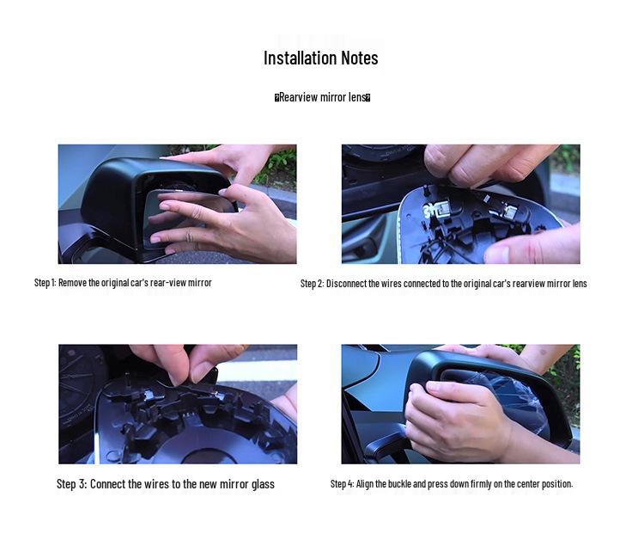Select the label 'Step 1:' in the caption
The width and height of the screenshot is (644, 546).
45,283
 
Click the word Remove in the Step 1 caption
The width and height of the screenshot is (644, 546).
73,283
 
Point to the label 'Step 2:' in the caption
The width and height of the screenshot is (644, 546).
313,284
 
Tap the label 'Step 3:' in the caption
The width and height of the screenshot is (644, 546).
72,484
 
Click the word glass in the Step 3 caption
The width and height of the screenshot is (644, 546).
263,484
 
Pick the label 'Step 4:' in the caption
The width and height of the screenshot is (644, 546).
342,484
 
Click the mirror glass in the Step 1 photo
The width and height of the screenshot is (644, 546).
180,218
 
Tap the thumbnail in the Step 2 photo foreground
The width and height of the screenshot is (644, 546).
498,254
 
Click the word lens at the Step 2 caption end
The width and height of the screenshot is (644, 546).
580,284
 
